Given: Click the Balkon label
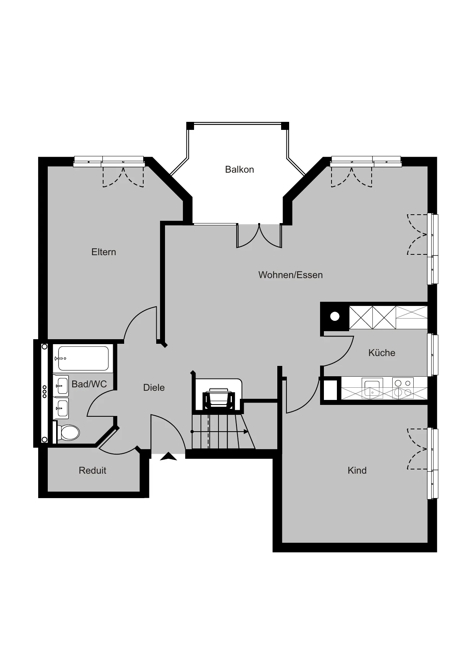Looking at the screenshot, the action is [x=239, y=170].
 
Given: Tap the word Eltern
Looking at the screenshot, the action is [x=104, y=252].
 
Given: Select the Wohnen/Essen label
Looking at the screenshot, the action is [x=290, y=275].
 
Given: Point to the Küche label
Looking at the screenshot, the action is [x=382, y=353].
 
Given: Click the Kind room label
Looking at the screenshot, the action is [x=357, y=470].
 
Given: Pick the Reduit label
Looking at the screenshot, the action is [x=92, y=470].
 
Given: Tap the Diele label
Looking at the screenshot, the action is [x=154, y=387].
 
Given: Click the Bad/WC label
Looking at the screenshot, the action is [x=89, y=384].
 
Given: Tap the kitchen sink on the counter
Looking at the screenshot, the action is [x=372, y=388].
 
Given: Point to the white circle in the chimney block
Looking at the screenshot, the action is [x=335, y=316].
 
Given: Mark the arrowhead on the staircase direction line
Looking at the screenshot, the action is [x=246, y=432].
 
